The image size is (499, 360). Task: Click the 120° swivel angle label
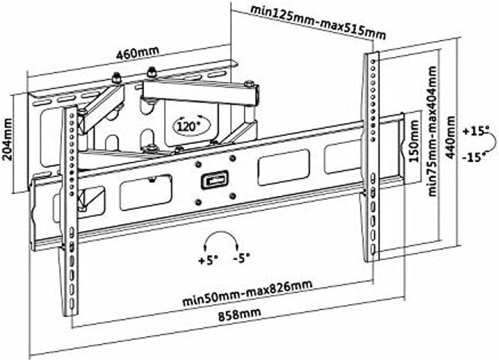coord(189,127)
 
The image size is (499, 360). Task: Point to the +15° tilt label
coord(476,131)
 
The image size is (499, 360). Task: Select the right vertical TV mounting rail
coord(372,156)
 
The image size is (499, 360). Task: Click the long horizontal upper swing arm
coord(200,92)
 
